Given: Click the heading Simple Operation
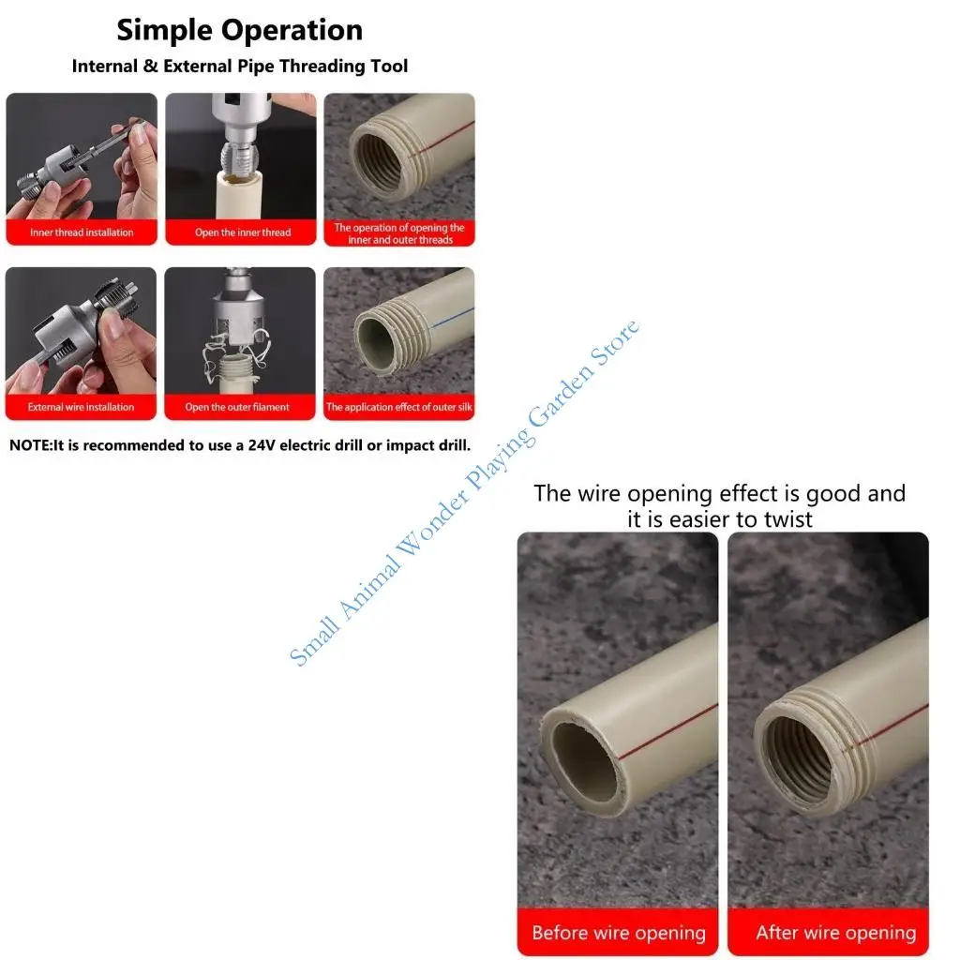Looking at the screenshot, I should (x=239, y=30).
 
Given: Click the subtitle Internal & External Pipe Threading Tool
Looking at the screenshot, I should (x=239, y=67).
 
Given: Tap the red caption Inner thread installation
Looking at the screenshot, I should (x=82, y=232).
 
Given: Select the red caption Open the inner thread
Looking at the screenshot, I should (x=242, y=232).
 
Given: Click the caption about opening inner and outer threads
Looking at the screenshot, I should (x=399, y=233).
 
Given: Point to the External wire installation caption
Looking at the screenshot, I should (x=81, y=407).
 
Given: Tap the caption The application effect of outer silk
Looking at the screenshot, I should (x=398, y=407).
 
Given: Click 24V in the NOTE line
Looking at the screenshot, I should (x=264, y=445).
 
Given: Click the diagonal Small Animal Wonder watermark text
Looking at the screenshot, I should (x=464, y=493).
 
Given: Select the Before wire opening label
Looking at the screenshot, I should (x=618, y=933).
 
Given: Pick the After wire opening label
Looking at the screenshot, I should (x=835, y=933).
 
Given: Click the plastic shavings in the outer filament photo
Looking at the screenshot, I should (x=221, y=356).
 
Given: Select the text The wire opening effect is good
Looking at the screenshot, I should (x=719, y=493).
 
